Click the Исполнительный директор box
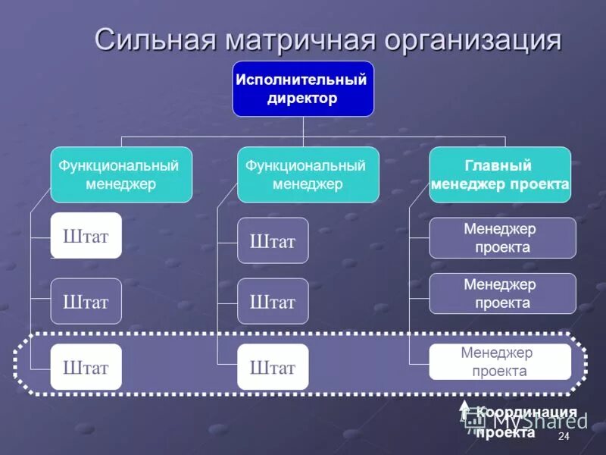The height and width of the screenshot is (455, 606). (302, 89)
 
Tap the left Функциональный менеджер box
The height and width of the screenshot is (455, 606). (121, 175)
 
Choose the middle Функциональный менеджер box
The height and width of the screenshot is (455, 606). (308, 175)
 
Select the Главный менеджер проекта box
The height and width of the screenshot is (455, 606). (500, 175)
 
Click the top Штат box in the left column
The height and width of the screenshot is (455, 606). (86, 236)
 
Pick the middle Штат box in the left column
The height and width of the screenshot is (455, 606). (86, 302)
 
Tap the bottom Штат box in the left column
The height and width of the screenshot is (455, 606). (86, 367)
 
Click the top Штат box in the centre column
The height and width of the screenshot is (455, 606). (273, 241)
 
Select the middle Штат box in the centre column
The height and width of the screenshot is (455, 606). (273, 302)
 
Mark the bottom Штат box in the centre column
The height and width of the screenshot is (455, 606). (273, 367)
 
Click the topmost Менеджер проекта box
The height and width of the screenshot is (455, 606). (502, 238)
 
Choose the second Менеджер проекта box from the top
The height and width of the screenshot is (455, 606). (502, 293)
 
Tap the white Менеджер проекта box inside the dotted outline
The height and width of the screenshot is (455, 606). (500, 362)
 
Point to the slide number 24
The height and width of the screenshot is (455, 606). (563, 438)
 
